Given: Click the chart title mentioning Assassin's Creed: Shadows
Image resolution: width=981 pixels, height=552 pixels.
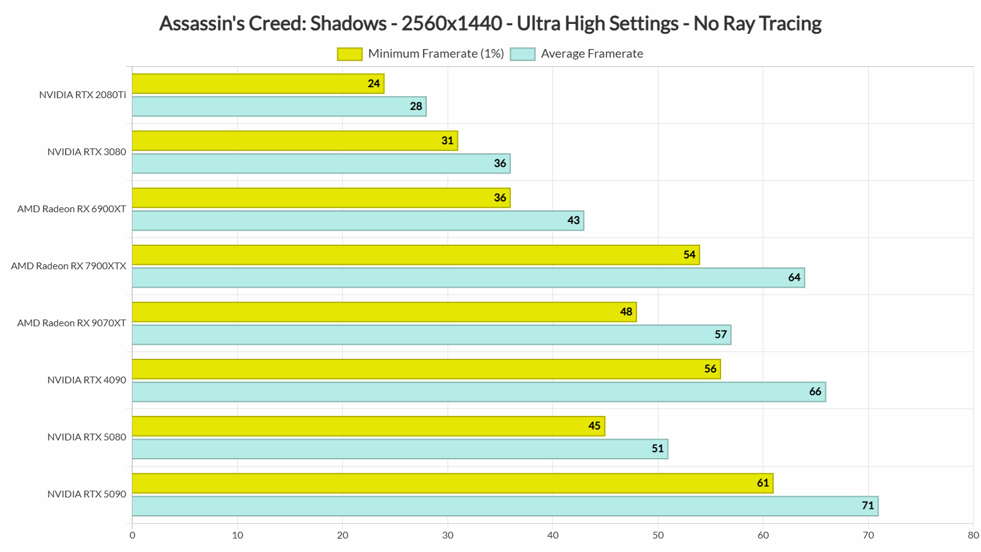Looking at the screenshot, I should (490, 23).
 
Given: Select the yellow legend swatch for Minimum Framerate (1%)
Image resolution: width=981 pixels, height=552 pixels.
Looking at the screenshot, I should (349, 54).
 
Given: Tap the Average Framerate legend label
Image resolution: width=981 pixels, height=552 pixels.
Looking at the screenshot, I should (592, 54).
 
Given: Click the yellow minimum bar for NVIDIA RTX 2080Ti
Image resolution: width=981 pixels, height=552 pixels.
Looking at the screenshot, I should (258, 84).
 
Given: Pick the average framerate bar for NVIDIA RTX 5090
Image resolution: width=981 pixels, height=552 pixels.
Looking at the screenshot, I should (505, 506).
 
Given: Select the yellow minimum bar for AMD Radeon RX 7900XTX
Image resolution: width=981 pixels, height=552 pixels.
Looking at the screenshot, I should (415, 255).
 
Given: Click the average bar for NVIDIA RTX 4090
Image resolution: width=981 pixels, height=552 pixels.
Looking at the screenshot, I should (478, 392).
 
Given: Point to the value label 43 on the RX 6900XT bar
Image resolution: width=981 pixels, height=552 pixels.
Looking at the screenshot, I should (573, 221).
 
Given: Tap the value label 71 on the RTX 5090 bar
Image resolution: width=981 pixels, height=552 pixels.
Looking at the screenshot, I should (868, 506).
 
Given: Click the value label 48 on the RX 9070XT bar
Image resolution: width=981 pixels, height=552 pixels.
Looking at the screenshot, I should (626, 312).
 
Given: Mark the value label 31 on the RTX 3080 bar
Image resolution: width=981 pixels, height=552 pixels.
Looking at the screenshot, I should (448, 141).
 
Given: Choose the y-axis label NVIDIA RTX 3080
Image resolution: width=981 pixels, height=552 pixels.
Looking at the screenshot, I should (86, 152).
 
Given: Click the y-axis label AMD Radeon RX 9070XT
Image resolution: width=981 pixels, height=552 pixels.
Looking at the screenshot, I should (72, 323).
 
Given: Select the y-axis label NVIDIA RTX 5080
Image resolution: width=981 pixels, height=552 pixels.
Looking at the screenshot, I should (86, 437).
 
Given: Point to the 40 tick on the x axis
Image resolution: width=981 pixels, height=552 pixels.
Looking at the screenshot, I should (553, 535).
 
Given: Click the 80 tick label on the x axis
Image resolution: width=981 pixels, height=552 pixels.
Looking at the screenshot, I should (973, 535).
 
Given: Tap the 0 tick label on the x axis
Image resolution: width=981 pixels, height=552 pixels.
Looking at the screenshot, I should (132, 535).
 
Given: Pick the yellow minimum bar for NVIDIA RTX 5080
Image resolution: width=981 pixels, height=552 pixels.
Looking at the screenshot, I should (368, 426).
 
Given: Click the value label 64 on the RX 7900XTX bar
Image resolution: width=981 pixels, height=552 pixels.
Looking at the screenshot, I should (794, 278).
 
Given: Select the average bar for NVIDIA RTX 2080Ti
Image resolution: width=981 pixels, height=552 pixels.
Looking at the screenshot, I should (279, 107).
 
